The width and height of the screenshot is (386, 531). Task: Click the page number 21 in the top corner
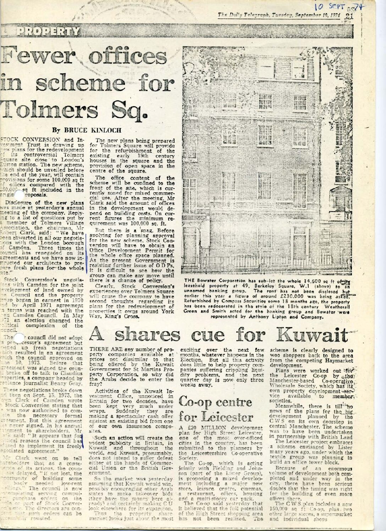pos(350,15)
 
